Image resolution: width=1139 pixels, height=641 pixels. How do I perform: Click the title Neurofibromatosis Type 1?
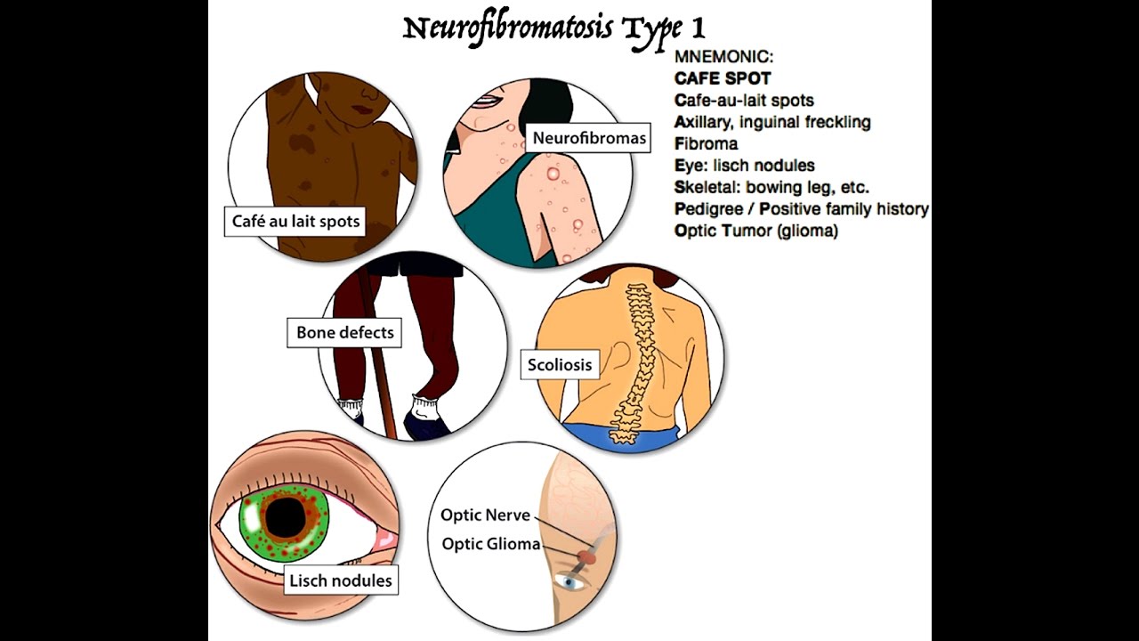point(553,28)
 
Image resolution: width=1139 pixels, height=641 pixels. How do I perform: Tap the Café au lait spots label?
point(295,221)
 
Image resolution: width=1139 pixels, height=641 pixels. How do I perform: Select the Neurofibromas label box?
point(589,138)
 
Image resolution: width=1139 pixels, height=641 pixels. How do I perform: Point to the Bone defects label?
point(344,333)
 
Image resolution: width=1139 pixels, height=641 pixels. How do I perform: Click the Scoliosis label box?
point(559,364)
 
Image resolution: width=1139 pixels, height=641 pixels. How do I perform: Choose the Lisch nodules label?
point(340,581)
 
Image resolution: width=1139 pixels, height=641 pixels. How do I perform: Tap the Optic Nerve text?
point(485,515)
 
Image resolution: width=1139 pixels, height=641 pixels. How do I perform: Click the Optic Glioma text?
point(490,543)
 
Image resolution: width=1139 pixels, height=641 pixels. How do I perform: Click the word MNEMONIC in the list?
point(723,56)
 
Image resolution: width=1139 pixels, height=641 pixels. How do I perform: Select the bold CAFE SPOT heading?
point(723,78)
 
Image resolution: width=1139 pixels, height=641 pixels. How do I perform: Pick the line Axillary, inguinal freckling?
point(772,122)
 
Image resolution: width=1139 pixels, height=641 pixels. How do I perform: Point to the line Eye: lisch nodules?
point(744,166)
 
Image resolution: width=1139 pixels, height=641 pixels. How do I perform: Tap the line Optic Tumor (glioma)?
point(756,231)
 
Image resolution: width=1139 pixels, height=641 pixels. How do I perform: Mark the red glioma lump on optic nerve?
point(585,557)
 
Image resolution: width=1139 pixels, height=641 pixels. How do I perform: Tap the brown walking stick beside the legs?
point(378,356)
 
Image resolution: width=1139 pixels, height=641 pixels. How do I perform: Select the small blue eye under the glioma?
point(570,582)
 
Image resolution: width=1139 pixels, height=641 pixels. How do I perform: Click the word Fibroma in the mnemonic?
point(706,143)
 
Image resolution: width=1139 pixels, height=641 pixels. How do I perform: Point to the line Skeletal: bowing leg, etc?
point(771,187)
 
